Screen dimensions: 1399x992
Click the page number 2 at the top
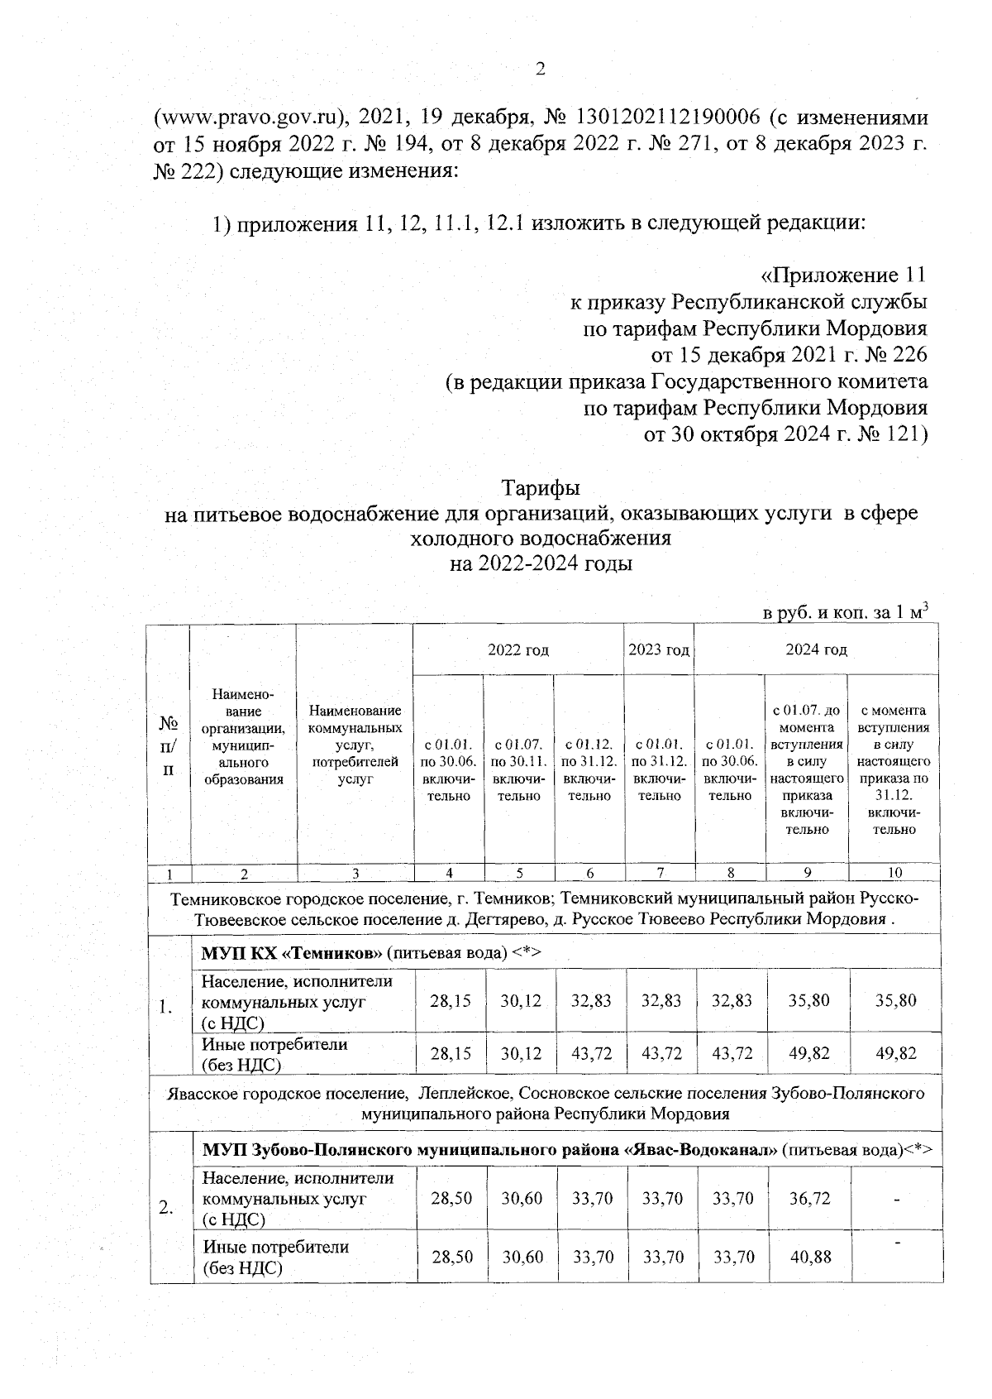pos(541,69)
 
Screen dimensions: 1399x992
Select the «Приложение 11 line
pos(842,275)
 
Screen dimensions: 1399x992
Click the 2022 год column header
pos(518,649)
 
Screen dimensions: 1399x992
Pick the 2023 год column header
pos(659,649)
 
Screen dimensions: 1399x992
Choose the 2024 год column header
pos(816,649)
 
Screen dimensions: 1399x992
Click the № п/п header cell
pos(169,746)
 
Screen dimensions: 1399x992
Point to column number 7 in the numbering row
pos(659,873)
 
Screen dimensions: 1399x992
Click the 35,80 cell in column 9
pos(808,1000)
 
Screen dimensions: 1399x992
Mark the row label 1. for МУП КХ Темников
pos(166,1007)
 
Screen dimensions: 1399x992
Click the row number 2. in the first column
pos(166,1208)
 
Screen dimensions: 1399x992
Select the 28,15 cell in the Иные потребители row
pos(451,1053)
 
